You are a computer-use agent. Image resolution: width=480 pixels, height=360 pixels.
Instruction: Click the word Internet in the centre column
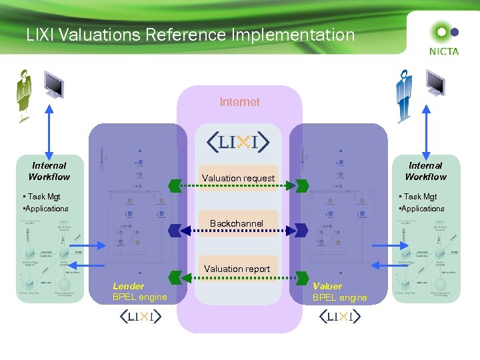pos(239,102)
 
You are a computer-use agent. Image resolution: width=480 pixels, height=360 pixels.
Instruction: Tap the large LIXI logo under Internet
pos(239,141)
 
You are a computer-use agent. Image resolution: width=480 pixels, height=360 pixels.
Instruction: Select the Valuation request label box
pos(238,178)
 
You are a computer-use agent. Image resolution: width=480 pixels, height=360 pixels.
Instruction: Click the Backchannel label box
pos(237,223)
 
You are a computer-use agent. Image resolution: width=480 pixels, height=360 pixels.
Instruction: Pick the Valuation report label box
pos(237,269)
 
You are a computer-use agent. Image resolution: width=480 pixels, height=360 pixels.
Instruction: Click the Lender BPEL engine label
pos(139,292)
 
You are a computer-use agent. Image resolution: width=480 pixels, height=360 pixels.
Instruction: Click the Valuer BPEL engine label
pos(339,292)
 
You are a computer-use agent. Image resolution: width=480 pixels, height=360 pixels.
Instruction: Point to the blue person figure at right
pos(403,96)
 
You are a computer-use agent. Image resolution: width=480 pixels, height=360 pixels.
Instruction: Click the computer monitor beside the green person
pos(53,85)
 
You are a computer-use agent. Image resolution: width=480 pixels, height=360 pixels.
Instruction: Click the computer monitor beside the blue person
pos(436,84)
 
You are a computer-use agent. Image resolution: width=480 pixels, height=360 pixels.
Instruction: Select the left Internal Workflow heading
pos(49,171)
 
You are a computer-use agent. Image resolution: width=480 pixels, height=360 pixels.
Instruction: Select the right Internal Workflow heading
pos(425,171)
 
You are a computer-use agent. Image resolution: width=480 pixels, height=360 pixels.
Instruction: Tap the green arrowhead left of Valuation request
pos(175,185)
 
